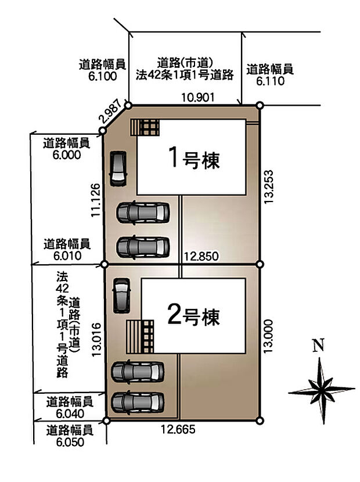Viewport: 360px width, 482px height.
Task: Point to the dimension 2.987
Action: (x=111, y=111)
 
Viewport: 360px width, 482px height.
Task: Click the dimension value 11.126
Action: (x=96, y=200)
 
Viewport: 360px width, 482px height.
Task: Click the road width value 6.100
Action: (x=103, y=76)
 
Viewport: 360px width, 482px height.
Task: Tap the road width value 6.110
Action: (x=270, y=81)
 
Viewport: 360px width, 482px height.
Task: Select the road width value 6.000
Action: (x=66, y=155)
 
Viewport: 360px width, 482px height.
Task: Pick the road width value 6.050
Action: (x=70, y=442)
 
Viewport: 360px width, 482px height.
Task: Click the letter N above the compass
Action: (x=318, y=346)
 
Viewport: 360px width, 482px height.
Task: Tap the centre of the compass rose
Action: (x=321, y=388)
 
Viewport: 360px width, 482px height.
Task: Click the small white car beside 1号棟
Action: (x=118, y=169)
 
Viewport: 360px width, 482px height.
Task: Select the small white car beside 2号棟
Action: (x=121, y=296)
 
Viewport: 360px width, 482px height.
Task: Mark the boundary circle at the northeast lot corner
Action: (x=260, y=105)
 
